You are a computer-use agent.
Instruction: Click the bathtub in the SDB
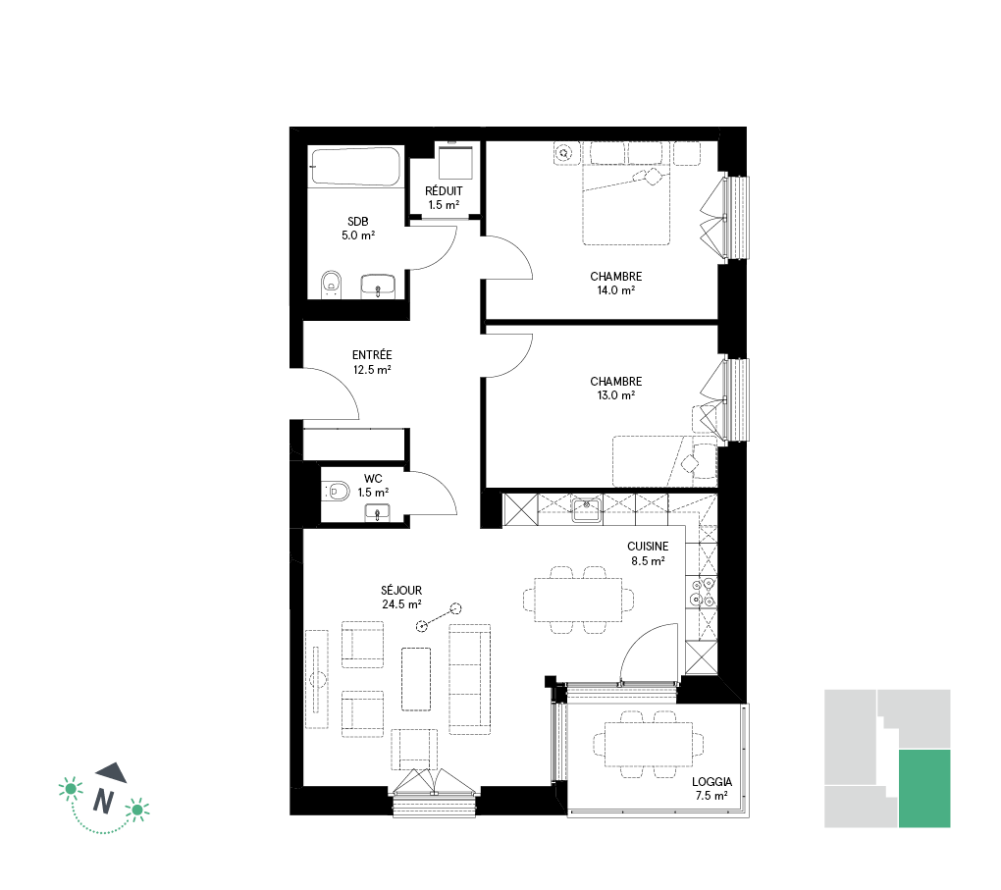355,167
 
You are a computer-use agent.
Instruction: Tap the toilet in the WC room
337,491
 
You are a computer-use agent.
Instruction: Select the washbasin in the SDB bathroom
378,286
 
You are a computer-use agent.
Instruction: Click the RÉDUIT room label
444,191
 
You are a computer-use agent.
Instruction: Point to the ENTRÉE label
372,355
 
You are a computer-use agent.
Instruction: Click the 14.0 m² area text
616,290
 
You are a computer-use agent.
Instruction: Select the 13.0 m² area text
616,395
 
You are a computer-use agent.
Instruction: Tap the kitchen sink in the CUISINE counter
587,509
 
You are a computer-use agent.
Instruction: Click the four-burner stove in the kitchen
701,591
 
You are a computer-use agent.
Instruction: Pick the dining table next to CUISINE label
578,600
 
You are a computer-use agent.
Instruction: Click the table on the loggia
649,745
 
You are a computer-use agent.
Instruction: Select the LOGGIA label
711,782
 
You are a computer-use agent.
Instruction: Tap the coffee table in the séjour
416,679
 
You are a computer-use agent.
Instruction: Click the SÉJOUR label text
401,591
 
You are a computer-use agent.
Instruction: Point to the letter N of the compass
103,801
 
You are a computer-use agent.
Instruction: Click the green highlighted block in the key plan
924,789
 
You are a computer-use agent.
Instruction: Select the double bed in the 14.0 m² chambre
626,204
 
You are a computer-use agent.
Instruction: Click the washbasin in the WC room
377,512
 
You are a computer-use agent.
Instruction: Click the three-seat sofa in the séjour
470,679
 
